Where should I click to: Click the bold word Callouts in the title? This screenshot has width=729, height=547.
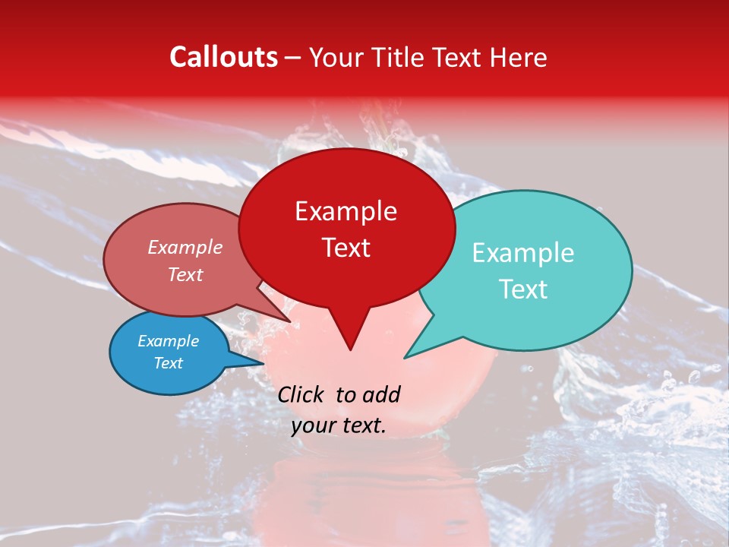click(x=223, y=57)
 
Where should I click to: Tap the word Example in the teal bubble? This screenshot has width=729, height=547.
click(x=523, y=253)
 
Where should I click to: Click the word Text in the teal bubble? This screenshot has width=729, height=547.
click(x=523, y=289)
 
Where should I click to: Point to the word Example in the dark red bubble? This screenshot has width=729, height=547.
click(x=346, y=211)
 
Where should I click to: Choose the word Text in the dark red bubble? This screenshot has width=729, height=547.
click(x=346, y=248)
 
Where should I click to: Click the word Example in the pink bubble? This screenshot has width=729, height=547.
click(x=185, y=247)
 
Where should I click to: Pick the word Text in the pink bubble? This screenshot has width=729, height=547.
click(x=185, y=274)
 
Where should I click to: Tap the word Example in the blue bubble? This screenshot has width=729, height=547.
click(x=169, y=341)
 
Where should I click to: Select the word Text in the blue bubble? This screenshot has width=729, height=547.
click(x=169, y=363)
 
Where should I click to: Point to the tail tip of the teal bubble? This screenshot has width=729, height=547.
click(x=406, y=356)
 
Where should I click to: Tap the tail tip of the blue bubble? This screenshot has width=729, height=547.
click(x=263, y=364)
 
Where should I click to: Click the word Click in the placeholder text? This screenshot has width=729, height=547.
click(x=302, y=394)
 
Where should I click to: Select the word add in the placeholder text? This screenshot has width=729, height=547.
click(x=382, y=394)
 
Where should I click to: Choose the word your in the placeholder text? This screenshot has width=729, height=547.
click(x=313, y=426)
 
